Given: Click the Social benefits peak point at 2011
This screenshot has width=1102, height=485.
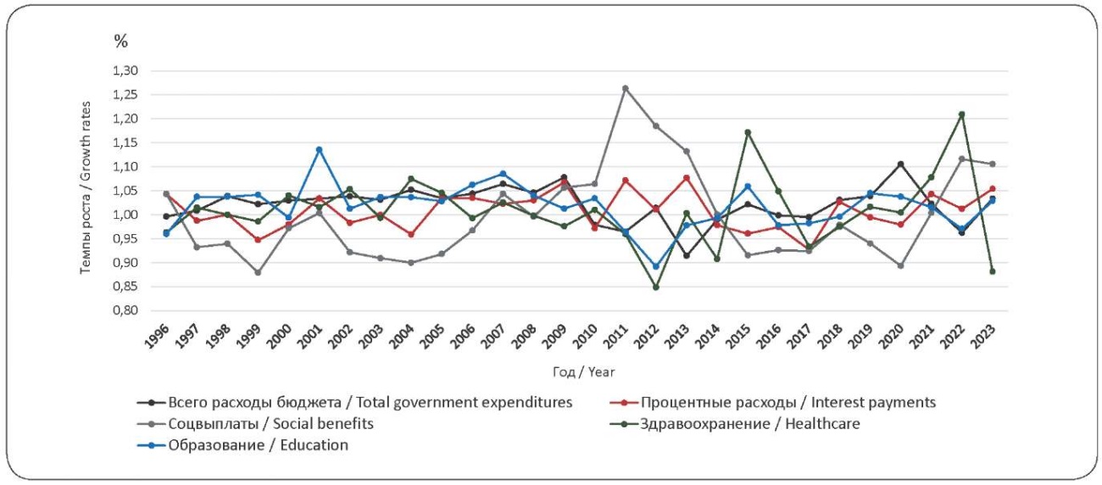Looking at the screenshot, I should click(x=625, y=88).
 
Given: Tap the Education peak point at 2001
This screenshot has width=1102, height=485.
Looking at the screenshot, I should click(x=319, y=150).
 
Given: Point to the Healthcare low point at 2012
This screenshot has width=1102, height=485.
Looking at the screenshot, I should click(x=655, y=287).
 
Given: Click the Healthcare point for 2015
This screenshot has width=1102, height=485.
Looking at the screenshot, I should click(x=748, y=132).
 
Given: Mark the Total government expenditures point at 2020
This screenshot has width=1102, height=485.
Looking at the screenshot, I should click(x=900, y=164).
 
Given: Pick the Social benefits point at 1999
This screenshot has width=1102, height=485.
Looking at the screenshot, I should click(x=258, y=272).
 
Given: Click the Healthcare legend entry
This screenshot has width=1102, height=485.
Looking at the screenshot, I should click(x=750, y=423).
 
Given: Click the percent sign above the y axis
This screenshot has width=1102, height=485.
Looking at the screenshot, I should click(x=121, y=40).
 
